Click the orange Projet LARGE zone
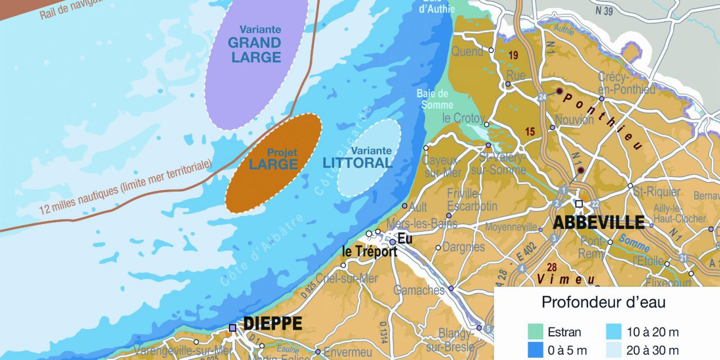pos(274,163)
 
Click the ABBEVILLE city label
pos(598,222)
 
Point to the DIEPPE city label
pos(273,324)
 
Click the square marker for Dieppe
pos(232,327)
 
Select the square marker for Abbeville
pos(579,204)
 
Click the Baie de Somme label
pos(433,99)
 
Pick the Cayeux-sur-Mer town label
pos(441,166)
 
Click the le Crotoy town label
pos(462,119)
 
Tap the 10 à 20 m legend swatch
pos(613,332)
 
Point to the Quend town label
pos(467,52)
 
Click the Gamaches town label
pos(418,290)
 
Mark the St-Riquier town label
pos(656,192)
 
